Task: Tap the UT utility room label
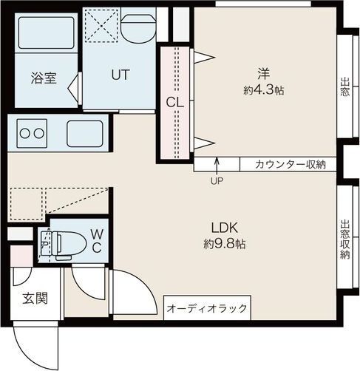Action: click(121, 75)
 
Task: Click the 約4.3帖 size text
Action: click(264, 90)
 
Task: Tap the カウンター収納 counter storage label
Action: click(291, 165)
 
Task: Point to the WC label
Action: click(97, 240)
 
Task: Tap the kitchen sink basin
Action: click(88, 134)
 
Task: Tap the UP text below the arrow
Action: click(217, 180)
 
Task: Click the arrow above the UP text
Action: click(217, 164)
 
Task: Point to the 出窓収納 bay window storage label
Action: click(344, 239)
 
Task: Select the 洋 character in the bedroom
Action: click(264, 73)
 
